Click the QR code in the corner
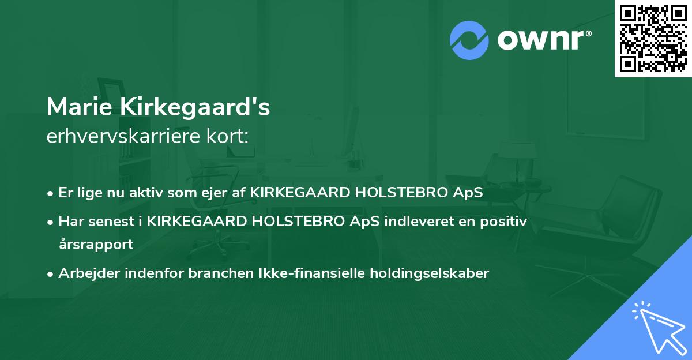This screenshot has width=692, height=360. tap(653, 39)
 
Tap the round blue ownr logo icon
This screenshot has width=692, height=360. tap(469, 40)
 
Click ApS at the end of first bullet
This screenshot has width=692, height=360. tap(468, 193)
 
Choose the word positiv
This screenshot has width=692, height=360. tap(505, 222)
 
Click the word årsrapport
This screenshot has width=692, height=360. tap(96, 244)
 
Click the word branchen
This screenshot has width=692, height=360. tap(216, 273)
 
